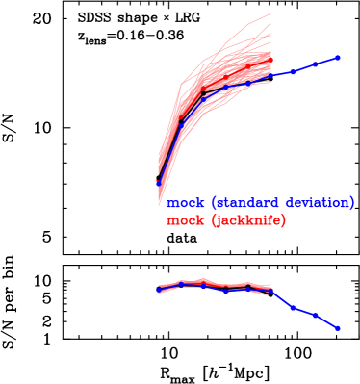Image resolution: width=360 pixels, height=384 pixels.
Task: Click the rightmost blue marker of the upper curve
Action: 338,58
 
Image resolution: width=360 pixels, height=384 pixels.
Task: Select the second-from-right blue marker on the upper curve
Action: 316,64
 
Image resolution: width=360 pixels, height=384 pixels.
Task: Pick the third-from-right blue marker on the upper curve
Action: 294,71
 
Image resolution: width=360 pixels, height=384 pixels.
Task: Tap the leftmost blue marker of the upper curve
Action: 159,183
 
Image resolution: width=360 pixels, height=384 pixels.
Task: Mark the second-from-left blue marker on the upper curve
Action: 181,125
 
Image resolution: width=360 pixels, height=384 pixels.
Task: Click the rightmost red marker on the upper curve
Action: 270,60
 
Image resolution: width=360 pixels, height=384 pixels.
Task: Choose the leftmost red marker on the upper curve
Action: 159,177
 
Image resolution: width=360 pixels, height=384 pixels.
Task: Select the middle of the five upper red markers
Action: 226,79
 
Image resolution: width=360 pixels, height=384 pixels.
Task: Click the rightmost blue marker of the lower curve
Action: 338,328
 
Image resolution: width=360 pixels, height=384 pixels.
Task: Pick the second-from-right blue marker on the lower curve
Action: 316,315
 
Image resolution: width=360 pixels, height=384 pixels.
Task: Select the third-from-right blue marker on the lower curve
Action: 294,308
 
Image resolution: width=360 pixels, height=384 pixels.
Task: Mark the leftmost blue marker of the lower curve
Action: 159,289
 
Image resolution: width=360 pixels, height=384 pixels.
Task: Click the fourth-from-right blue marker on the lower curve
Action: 270,290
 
